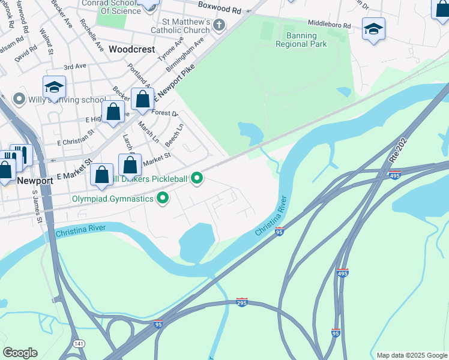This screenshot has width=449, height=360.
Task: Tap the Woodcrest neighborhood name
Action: point(132,49)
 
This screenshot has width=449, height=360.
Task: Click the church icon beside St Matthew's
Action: point(219,25)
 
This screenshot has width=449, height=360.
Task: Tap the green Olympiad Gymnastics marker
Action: point(162,197)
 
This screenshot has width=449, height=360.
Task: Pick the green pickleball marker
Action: point(196,178)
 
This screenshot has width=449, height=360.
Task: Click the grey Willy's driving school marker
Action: point(19,99)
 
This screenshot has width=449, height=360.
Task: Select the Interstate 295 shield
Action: point(241,302)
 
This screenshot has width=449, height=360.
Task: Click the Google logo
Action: point(20,353)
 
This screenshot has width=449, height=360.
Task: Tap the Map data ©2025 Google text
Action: point(411,355)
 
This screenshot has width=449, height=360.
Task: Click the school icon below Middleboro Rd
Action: point(373,29)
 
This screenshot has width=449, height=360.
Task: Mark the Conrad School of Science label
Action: point(119,7)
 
